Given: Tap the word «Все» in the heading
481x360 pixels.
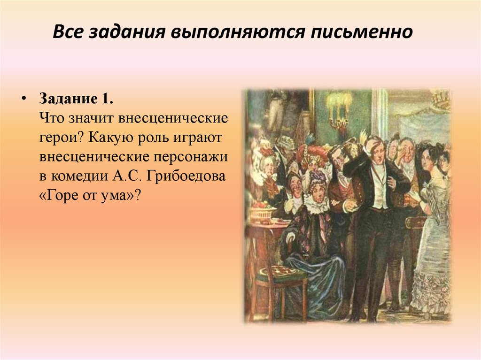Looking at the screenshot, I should point(67,33).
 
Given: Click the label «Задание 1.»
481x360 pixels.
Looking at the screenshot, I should point(76,100).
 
